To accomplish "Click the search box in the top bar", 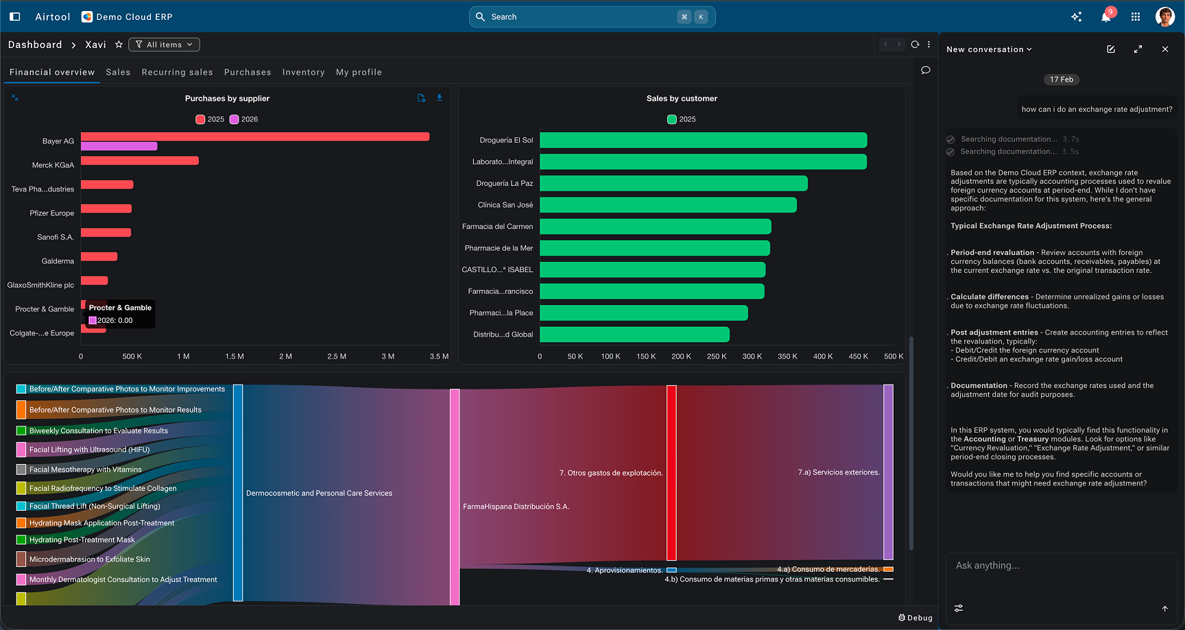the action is click(592, 17).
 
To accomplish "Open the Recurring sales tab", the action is click(177, 72).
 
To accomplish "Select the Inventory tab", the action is click(303, 72).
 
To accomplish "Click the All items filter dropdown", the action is click(164, 45).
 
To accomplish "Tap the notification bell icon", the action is click(1105, 17).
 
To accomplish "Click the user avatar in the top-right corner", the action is click(1164, 17).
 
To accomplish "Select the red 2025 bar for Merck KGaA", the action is click(140, 160).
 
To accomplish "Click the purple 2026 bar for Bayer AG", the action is click(119, 146).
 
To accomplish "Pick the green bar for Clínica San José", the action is click(668, 205).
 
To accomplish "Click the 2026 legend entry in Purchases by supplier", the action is click(243, 119).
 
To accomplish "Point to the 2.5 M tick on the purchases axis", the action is click(337, 356).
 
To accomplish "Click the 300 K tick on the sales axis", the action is click(752, 356).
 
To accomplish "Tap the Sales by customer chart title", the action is click(682, 99).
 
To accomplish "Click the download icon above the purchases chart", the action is click(440, 98).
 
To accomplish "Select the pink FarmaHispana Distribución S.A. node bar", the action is click(455, 497).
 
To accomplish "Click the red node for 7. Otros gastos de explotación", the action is click(671, 472).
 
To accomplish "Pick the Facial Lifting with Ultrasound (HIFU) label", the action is click(89, 450).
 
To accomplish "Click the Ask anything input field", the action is click(1061, 566).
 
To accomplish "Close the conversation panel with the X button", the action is click(1165, 49).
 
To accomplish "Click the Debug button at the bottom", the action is click(915, 618).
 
